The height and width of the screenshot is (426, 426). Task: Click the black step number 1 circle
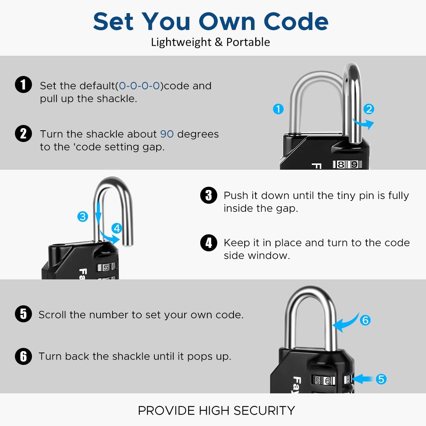pos(23,85)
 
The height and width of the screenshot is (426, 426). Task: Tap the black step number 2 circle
pos(23,133)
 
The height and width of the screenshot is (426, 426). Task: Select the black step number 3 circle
pos(208,195)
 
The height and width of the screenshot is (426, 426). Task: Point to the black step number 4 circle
pos(208,243)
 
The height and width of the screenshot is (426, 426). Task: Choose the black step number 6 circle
pos(23,356)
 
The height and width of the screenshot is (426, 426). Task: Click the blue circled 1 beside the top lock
pos(278,109)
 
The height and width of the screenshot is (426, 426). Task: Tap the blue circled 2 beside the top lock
pos(369,109)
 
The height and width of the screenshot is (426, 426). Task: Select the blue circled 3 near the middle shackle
pos(83,216)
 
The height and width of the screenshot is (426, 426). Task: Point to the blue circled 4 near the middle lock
pos(117,228)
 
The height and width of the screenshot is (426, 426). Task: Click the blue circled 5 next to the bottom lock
pos(381,379)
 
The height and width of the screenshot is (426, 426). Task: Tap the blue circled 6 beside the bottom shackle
pos(365,320)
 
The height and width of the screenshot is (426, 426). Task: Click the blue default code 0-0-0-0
pos(139,86)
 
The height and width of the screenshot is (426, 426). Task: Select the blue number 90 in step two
pos(167,134)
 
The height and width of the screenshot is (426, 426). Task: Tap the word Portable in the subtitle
pos(248,42)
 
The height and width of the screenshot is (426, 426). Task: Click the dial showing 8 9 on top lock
pos(347,164)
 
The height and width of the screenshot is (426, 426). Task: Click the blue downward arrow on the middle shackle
pos(98,213)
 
